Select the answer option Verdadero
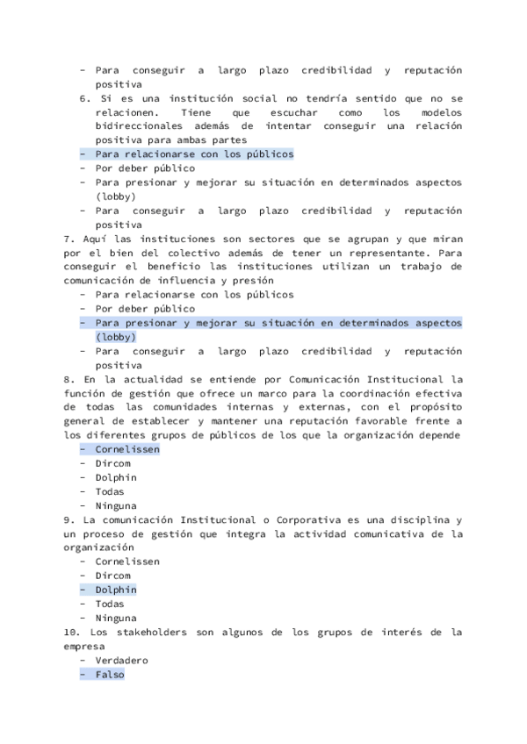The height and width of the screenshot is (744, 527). coord(122,660)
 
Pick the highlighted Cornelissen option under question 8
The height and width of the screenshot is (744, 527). coord(127,449)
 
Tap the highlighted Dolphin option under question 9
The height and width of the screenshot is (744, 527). coord(116,590)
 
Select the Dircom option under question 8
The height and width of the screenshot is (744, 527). coord(112,463)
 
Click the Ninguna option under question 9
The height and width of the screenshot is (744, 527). coord(116,618)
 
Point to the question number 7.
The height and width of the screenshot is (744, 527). coord(69,239)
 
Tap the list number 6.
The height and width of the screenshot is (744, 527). coord(84,98)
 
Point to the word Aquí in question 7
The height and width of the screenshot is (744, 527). coord(94,239)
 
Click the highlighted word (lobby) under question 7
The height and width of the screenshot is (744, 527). coord(116,337)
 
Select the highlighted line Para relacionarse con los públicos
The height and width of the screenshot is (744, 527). coord(194,154)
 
